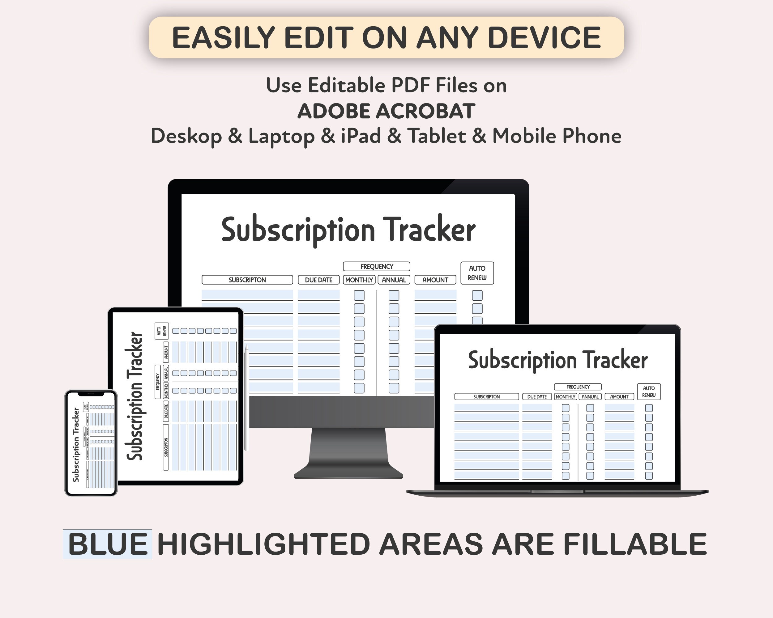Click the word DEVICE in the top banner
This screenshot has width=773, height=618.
coord(544,38)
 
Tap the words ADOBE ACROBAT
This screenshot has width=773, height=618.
coord(386,111)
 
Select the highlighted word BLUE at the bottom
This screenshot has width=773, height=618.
coord(108,544)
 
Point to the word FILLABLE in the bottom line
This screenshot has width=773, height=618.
coord(634,544)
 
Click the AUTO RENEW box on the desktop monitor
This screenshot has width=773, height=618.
coord(477,273)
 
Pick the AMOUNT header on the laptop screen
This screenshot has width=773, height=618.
coord(619,396)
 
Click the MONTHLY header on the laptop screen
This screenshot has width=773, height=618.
coord(566,396)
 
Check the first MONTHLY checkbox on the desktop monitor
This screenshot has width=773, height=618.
coord(359,295)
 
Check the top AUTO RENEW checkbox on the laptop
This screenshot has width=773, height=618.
coord(649,408)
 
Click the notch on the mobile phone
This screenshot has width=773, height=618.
coord(91,394)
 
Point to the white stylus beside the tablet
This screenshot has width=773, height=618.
coord(246,398)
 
